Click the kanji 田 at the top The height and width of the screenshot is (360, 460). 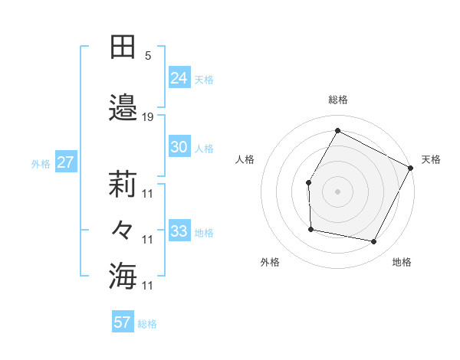tap(123, 47)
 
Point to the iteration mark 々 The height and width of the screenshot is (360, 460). tap(123, 230)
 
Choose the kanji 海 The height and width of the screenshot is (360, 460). tap(123, 276)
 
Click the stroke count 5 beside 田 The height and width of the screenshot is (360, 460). tap(148, 56)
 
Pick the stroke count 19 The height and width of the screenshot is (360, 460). tap(148, 117)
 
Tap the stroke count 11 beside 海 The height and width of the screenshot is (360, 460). tap(148, 285)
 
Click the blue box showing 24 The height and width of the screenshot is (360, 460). tap(179, 77)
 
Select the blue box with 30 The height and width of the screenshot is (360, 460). tap(179, 147)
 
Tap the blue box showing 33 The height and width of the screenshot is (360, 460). tap(179, 231)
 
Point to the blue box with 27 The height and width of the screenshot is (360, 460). tap(65, 162)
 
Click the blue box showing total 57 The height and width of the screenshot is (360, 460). tap(123, 322)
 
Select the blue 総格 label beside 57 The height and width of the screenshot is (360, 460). tap(147, 324)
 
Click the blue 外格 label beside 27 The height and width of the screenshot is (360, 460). tap(41, 163)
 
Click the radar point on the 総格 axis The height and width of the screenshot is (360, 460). tap(337, 131)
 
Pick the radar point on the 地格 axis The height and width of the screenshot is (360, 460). tap(373, 242)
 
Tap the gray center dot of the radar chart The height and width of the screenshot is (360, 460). tap(337, 191)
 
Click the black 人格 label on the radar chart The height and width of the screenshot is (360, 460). tap(245, 159)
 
